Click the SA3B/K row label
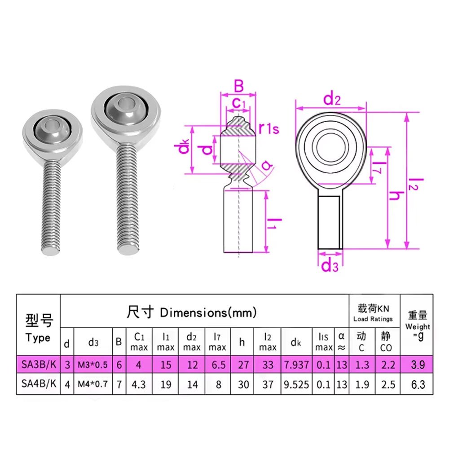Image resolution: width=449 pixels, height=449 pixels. [39, 365]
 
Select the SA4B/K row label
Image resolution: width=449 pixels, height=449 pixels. [39, 384]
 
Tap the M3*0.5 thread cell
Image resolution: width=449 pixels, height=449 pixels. [93, 365]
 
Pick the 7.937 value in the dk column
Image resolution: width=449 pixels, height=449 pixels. [296, 365]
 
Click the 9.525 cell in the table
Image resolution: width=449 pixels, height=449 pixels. [296, 384]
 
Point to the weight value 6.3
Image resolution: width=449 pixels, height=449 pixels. [418, 384]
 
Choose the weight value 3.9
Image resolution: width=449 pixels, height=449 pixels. [418, 365]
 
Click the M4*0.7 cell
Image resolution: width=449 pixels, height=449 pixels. [93, 384]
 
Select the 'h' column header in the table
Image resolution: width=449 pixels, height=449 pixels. [242, 342]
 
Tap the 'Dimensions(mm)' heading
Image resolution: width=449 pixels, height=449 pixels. [208, 313]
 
